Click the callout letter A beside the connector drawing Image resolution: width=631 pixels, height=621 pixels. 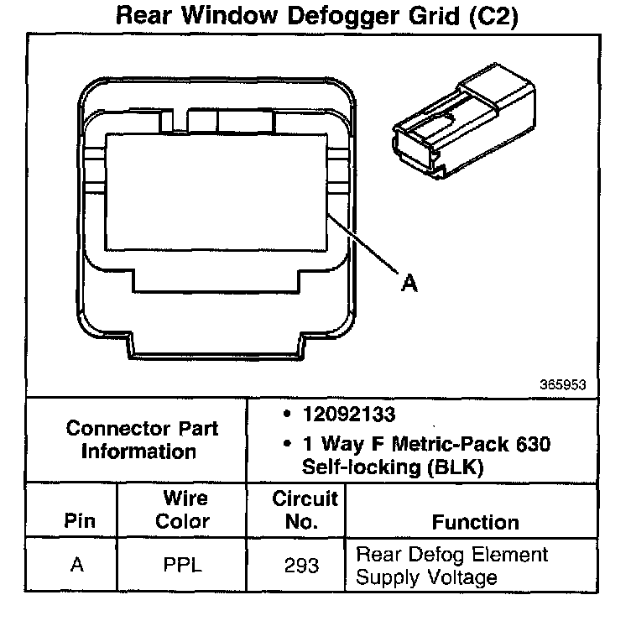409,284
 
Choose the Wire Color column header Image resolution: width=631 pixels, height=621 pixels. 184,510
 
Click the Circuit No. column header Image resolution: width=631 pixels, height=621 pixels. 305,510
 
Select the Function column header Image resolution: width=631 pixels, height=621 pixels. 476,522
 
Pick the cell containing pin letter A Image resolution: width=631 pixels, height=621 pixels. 77,566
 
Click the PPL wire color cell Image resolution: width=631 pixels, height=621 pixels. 184,566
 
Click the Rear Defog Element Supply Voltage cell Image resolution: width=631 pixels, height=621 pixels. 451,566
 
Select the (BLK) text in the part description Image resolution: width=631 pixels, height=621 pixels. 456,467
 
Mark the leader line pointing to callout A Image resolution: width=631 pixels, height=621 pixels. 364,245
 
